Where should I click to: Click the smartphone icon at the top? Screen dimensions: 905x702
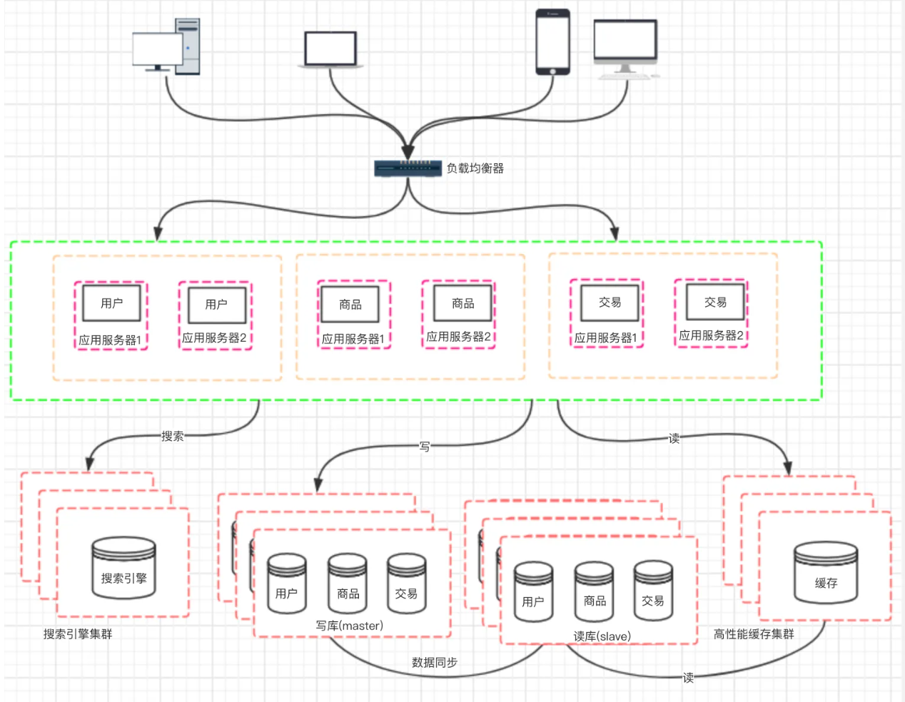(x=552, y=42)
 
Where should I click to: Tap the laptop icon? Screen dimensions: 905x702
(x=330, y=49)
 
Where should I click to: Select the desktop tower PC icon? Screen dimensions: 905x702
(x=166, y=46)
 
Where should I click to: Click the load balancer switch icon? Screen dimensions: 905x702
(x=408, y=168)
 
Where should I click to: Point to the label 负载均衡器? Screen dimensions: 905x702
(x=475, y=168)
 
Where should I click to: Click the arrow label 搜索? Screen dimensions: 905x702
(x=173, y=436)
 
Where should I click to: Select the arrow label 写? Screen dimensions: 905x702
(x=425, y=447)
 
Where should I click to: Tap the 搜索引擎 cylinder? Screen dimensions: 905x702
(x=123, y=568)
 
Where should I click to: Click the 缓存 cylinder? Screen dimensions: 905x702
(x=826, y=573)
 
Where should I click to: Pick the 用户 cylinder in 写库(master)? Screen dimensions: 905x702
(x=286, y=584)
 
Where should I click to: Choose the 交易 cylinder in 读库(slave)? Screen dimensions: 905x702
(x=653, y=591)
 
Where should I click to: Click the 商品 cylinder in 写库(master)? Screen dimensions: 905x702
(x=348, y=584)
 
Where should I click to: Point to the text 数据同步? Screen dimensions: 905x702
(x=435, y=662)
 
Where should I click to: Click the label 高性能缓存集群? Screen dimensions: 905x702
(x=754, y=634)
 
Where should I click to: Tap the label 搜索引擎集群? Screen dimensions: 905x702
(x=78, y=634)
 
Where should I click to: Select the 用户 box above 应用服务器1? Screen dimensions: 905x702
(x=111, y=303)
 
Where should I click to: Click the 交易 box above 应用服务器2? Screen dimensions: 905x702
(x=715, y=302)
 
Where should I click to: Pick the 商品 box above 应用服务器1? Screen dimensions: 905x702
(x=350, y=304)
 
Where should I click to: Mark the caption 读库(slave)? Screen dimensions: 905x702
(x=602, y=636)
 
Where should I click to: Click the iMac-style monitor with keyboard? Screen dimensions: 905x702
(x=625, y=49)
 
